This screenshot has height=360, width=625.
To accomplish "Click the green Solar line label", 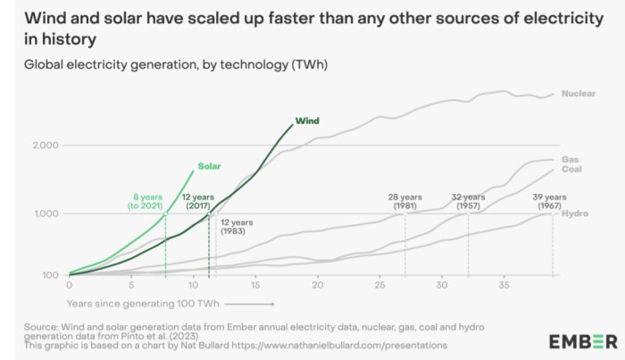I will pos(209,166).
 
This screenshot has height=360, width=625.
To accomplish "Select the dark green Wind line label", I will pos(306,121).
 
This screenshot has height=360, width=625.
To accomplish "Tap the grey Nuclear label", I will pos(579,93).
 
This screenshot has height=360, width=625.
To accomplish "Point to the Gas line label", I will pos(571,159).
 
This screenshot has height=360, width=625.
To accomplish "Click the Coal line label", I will pos(571,169).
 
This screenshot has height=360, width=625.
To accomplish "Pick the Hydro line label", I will pos(575,213).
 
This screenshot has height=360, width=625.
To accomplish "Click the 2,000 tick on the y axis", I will pos(45,145).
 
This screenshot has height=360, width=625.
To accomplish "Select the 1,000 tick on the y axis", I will pos(45,213).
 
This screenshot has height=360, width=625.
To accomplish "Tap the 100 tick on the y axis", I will pos(49,275).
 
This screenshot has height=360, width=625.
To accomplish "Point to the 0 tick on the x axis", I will pos(70,286).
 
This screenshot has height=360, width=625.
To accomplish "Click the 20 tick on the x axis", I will pos(317,286).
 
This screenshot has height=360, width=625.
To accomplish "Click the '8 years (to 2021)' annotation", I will pos(147,201).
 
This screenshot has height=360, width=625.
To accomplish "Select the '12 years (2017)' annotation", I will pos(197,201).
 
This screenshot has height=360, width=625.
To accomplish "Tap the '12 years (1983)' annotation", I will pos(236,227).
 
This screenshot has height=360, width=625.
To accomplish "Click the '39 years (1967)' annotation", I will pos(549,201).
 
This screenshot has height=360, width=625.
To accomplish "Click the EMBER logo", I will pos(582,341).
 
